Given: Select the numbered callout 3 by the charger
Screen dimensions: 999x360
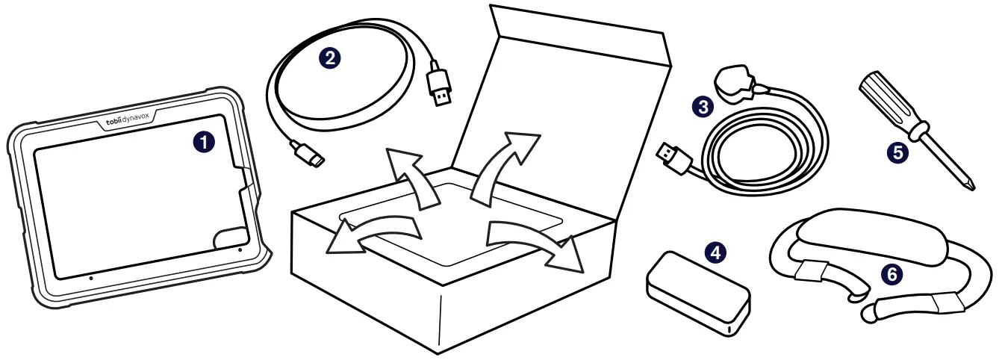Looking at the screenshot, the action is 701,108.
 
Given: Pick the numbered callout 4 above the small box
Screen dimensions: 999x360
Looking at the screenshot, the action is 715,252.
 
